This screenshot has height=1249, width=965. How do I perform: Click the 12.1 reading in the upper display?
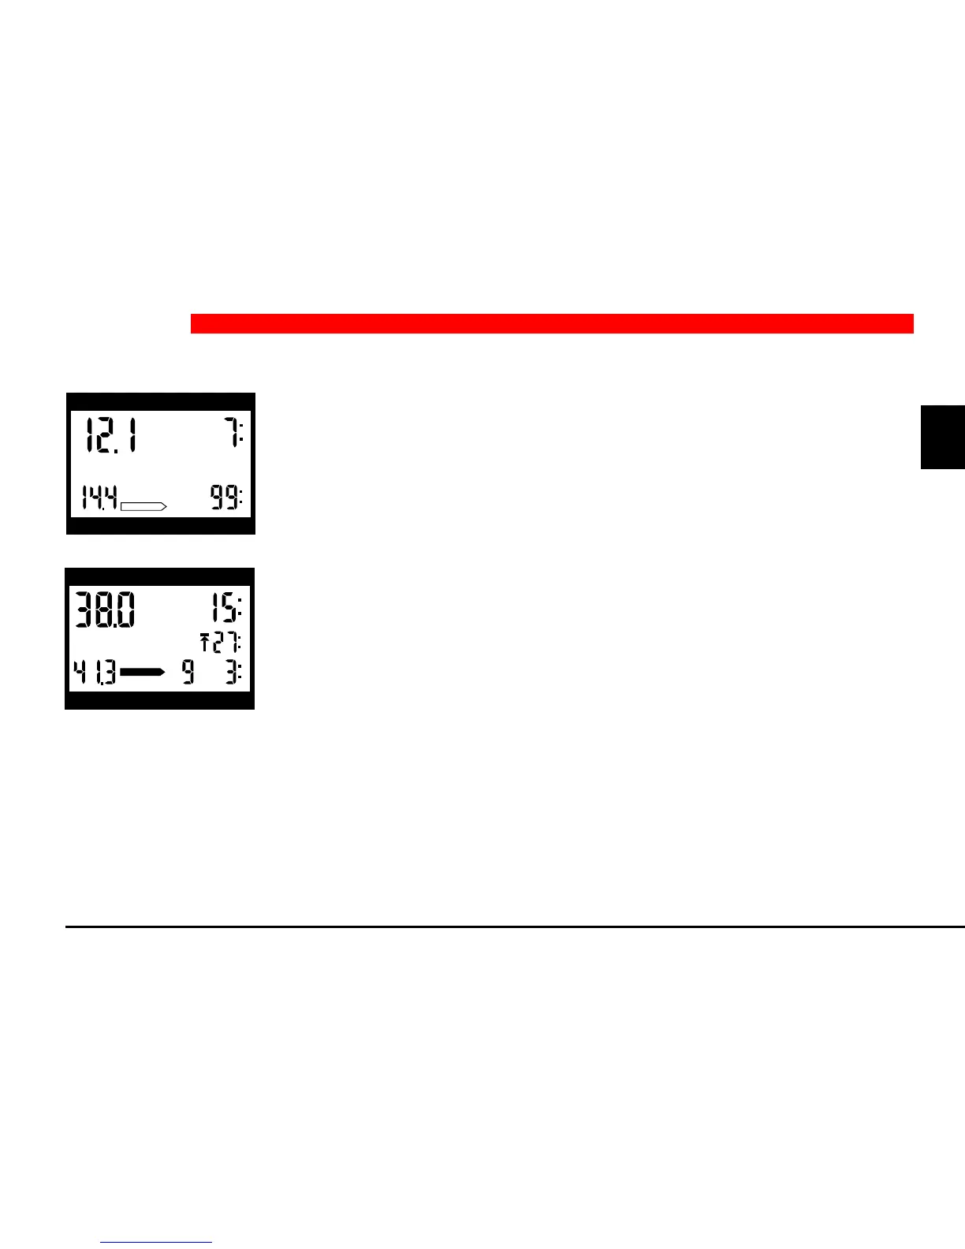(110, 435)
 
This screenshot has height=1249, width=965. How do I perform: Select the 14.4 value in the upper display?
(100, 498)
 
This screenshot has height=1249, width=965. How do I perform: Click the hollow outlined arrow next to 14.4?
(143, 505)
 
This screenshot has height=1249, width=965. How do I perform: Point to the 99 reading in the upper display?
(226, 498)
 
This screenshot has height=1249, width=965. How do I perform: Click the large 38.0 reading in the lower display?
(105, 610)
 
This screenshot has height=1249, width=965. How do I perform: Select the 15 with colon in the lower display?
(226, 610)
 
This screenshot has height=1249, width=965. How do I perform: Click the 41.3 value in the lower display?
(95, 673)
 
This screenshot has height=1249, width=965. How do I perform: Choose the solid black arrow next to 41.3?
(143, 672)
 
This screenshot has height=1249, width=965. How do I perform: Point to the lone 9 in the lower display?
(188, 673)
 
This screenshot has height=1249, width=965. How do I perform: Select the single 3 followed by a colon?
(234, 673)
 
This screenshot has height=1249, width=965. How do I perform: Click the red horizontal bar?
(552, 323)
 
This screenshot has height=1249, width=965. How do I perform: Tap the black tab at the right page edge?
(943, 437)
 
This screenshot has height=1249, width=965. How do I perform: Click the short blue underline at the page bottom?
(156, 1243)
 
